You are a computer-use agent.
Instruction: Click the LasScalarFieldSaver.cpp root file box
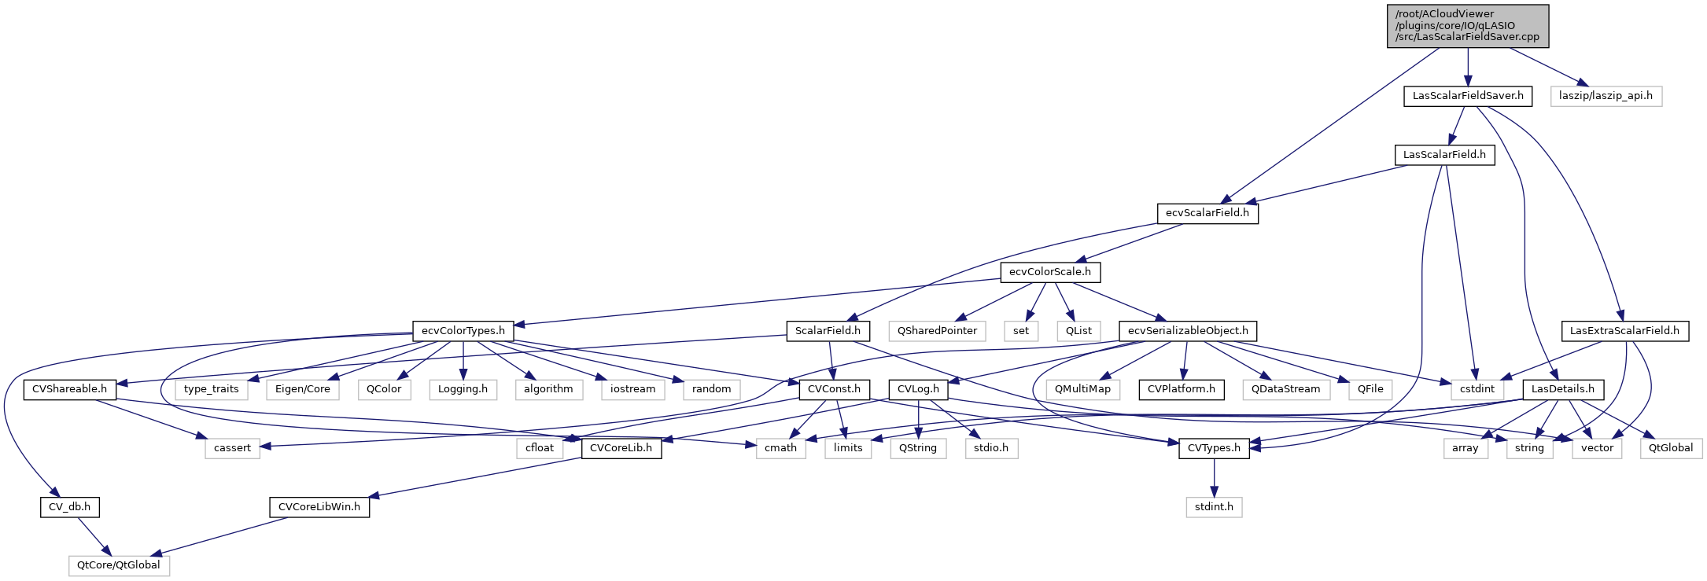1467,26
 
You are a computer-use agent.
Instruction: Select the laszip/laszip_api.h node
1606,96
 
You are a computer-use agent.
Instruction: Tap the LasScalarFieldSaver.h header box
1468,96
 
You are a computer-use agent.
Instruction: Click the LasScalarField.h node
1444,155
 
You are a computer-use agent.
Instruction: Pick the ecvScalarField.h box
1207,213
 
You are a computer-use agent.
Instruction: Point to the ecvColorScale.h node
1050,272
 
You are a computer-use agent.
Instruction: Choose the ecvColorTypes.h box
463,331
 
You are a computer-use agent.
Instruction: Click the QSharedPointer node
937,331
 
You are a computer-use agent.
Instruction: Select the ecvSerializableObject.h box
1188,331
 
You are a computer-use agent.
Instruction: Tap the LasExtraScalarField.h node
1624,331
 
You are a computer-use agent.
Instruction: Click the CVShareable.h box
69,389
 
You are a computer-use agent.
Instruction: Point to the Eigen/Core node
303,389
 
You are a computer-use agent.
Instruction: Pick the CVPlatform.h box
1181,389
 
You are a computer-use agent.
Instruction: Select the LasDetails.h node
1562,389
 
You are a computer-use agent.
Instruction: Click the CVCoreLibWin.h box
319,507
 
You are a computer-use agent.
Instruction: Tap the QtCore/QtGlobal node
119,565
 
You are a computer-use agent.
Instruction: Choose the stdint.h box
1214,507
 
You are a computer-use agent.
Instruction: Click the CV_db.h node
69,507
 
